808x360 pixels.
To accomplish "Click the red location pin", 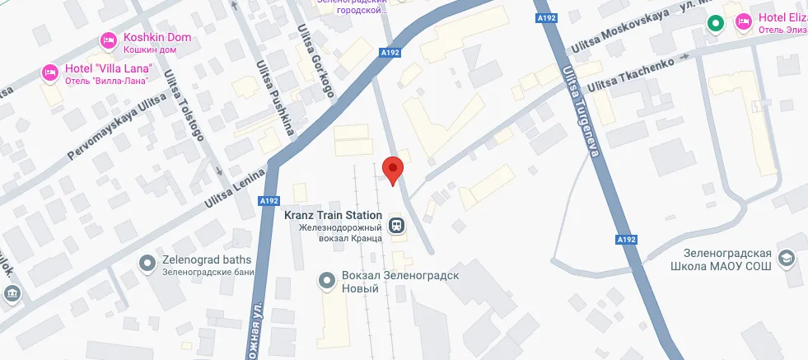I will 394,169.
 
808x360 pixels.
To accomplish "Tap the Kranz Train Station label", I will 333,216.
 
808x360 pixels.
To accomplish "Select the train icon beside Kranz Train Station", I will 397,224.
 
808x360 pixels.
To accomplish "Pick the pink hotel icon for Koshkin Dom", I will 108,40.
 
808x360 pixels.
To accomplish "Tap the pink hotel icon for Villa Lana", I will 49,72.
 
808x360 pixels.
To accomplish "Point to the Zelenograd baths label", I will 207,260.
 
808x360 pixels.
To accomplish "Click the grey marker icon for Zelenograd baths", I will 147,263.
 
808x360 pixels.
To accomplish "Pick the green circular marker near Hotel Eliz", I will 716,23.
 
